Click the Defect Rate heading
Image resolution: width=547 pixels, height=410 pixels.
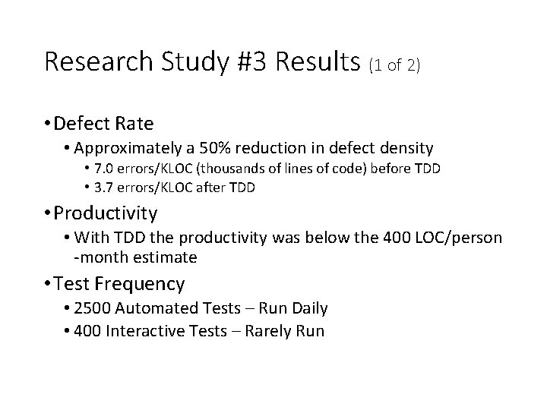(x=104, y=123)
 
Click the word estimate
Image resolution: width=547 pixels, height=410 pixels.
(x=166, y=257)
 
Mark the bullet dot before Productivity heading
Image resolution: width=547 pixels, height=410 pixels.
(x=48, y=213)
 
